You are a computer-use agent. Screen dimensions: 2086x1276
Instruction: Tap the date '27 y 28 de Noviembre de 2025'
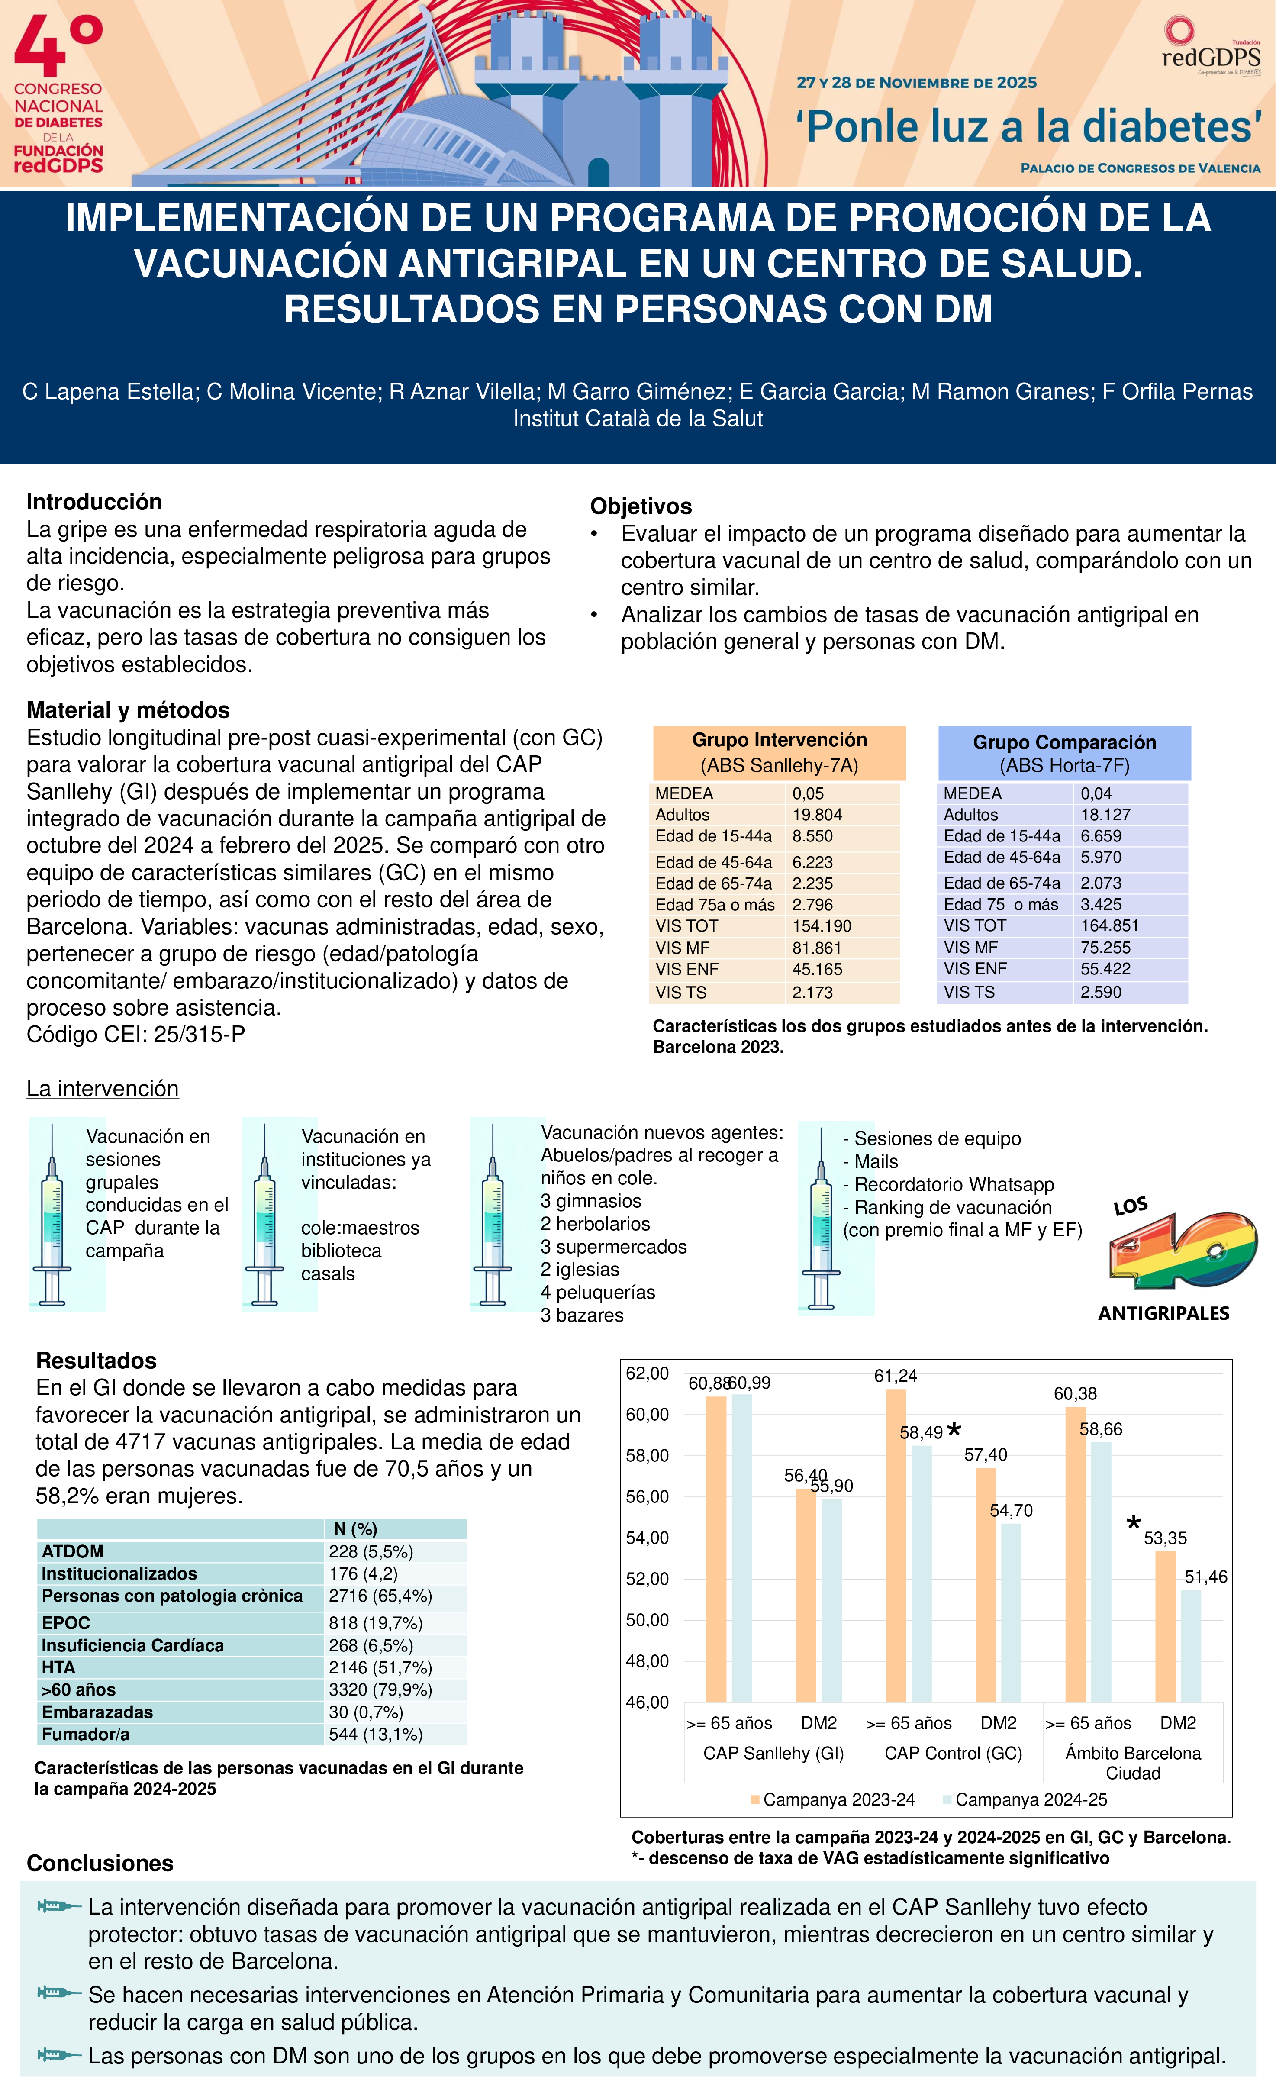pos(916,83)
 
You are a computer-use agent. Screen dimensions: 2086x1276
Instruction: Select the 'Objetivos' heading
pos(641,506)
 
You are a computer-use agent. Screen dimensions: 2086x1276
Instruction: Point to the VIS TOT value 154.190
pos(822,926)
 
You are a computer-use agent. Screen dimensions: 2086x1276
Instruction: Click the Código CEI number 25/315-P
pos(200,1035)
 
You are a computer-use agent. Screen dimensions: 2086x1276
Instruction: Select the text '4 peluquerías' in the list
pos(598,1292)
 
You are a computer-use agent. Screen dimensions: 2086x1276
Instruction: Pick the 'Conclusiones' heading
pos(100,1864)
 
